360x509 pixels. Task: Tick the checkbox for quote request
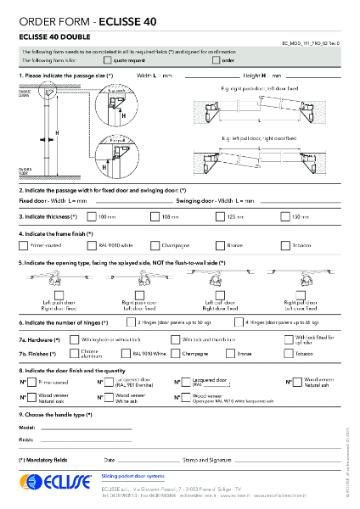(x=107, y=61)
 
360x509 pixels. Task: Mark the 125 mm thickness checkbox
(x=217, y=217)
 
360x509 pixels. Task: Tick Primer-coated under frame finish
(x=23, y=245)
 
